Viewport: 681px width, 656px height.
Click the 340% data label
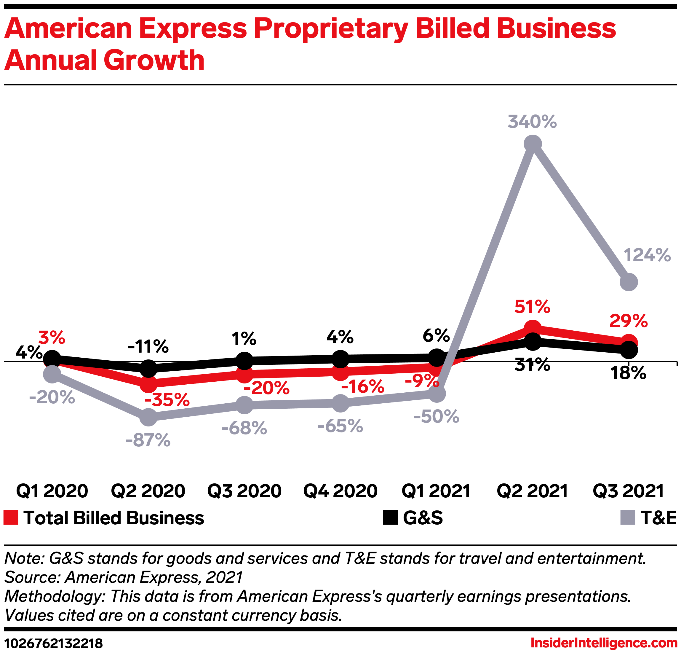point(532,122)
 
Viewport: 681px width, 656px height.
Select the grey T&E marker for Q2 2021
point(532,144)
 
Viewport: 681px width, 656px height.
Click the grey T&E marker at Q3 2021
point(629,282)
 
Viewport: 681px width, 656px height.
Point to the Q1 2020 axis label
point(52,491)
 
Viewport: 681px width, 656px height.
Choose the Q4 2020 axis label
point(340,491)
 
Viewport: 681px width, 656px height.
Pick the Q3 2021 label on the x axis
point(628,491)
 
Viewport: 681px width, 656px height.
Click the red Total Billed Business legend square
point(10,518)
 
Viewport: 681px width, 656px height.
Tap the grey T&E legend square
point(627,518)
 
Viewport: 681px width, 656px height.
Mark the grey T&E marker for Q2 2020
point(148,417)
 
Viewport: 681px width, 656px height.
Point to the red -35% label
point(167,400)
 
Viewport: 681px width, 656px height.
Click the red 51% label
point(532,307)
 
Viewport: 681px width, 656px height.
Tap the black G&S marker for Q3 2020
point(244,361)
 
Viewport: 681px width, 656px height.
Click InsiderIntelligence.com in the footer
point(604,643)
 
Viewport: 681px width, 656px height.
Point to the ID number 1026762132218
point(54,644)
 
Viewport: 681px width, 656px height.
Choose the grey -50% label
point(437,416)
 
